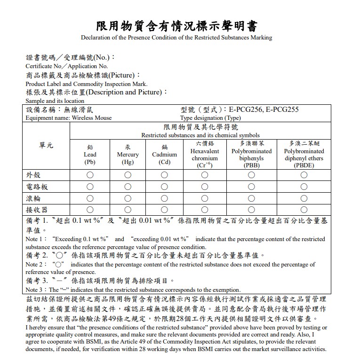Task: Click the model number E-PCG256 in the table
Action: point(245,110)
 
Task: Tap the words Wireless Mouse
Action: point(91,118)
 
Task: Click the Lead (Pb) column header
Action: point(90,155)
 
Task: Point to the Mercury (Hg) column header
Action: point(128,155)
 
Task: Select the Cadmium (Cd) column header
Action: point(164,155)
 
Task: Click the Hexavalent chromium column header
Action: point(204,155)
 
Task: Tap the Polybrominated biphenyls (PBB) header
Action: point(251,155)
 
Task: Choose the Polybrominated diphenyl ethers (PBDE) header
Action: point(304,155)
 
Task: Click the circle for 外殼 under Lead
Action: point(90,175)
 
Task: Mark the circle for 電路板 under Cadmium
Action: point(164,187)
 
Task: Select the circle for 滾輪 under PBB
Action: point(251,198)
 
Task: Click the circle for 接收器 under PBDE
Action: point(304,210)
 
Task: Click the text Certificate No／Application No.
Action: point(66,66)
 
